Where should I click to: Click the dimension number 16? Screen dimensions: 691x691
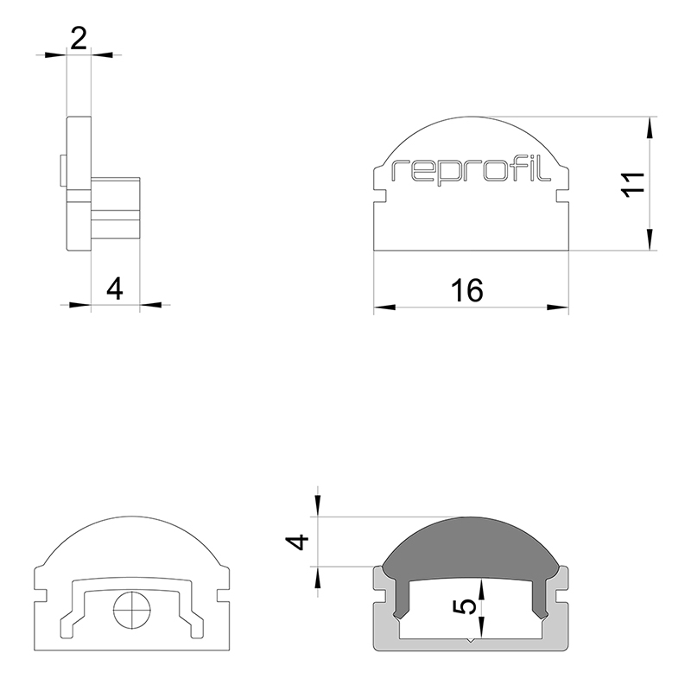467,290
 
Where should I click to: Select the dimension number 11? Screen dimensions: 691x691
633,184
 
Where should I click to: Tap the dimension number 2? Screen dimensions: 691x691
79,39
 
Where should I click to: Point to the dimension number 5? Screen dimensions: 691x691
465,607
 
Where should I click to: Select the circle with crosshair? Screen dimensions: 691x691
132,611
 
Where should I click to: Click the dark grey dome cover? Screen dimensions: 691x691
471,555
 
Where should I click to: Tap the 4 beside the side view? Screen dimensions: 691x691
115,289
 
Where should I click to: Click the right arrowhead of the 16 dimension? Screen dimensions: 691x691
558,307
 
